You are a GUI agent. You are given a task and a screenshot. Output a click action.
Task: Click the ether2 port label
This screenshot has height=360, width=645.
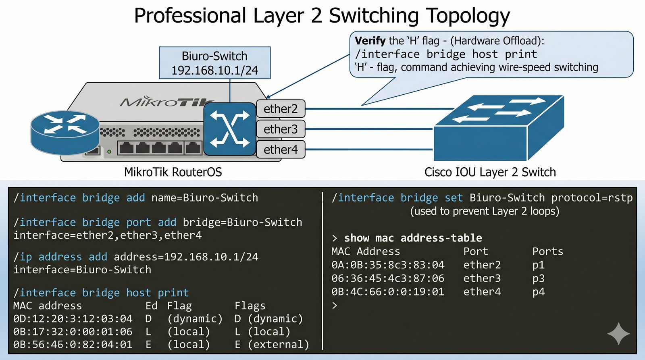pyautogui.click(x=281, y=109)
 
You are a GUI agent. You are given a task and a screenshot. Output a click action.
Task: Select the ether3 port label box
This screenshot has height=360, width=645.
pyautogui.click(x=281, y=129)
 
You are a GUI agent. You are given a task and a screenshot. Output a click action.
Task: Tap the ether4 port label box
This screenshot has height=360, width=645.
pyautogui.click(x=281, y=150)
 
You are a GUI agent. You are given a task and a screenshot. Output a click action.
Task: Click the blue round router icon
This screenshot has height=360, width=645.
pyautogui.click(x=65, y=132)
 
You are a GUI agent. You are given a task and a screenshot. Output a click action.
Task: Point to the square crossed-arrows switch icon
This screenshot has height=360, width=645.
pyautogui.click(x=230, y=129)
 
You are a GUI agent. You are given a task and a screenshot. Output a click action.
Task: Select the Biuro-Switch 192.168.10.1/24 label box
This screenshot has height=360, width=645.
pyautogui.click(x=214, y=63)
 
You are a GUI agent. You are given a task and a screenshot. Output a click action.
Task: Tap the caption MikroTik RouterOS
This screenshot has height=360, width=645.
pyautogui.click(x=173, y=172)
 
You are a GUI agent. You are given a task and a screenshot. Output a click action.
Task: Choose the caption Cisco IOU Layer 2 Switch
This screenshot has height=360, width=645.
pyautogui.click(x=490, y=172)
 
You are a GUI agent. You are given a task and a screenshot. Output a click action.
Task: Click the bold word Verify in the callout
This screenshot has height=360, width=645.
pyautogui.click(x=370, y=41)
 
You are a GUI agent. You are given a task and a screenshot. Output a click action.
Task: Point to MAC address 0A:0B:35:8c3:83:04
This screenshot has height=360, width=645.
pyautogui.click(x=388, y=265)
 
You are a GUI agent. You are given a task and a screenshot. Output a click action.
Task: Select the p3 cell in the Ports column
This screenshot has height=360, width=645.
pyautogui.click(x=538, y=278)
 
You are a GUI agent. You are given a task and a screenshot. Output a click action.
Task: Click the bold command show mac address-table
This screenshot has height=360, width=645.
pyautogui.click(x=413, y=238)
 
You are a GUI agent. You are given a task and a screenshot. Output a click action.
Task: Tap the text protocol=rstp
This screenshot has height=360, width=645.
pyautogui.click(x=592, y=198)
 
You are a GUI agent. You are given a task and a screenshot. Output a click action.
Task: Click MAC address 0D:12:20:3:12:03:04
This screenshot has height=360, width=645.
pyautogui.click(x=73, y=319)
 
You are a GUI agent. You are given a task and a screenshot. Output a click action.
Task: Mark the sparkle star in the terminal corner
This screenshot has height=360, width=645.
pyautogui.click(x=618, y=333)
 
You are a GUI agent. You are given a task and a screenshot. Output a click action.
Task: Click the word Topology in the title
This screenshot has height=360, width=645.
pyautogui.click(x=468, y=16)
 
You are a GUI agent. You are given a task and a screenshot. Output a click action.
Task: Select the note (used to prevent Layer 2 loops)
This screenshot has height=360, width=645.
pyautogui.click(x=485, y=211)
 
